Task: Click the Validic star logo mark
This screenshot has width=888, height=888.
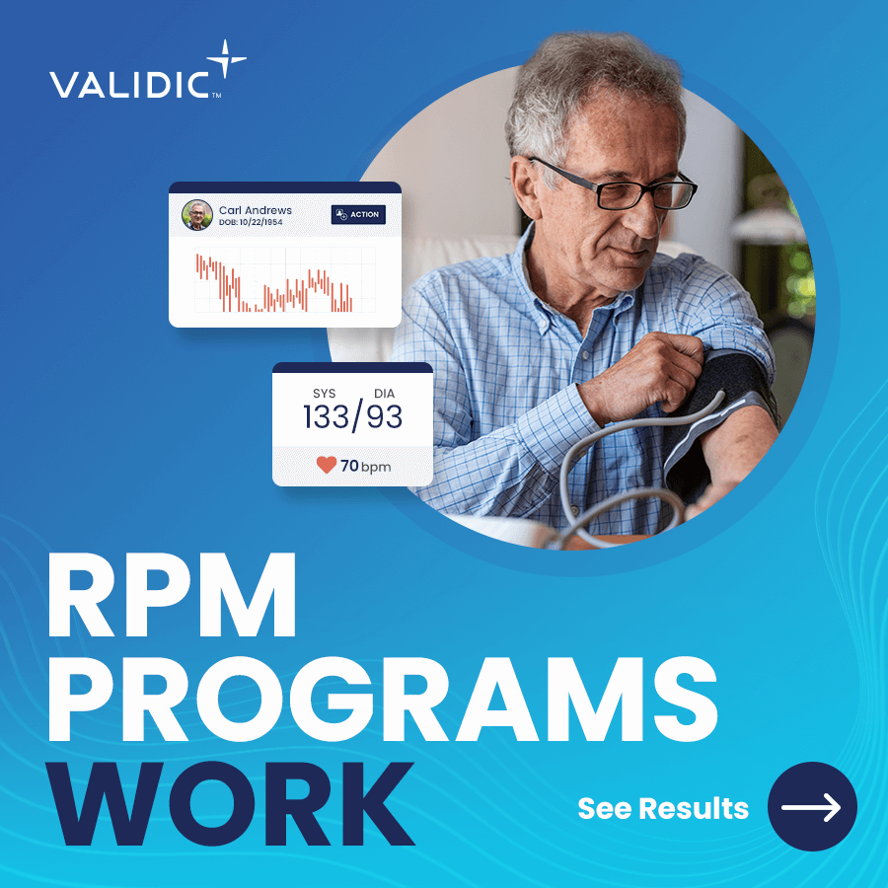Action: tap(226, 58)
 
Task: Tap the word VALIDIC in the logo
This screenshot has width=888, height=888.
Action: tap(129, 85)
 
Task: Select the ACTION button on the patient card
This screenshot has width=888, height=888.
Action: tap(358, 215)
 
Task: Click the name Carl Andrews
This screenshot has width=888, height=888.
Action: tap(255, 210)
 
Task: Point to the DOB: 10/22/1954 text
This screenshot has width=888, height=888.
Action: tap(251, 223)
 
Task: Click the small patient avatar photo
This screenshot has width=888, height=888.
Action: tap(197, 215)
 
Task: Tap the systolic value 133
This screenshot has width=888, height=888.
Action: tap(326, 417)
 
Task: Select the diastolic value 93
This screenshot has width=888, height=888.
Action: tap(384, 417)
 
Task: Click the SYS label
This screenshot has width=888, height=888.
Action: tap(324, 394)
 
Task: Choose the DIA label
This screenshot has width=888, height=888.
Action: tap(384, 394)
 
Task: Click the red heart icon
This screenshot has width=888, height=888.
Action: tap(327, 465)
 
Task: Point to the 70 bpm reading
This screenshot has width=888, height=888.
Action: tap(365, 466)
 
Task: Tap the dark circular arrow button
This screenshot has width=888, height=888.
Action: tap(812, 806)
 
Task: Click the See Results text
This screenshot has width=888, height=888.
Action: tap(663, 808)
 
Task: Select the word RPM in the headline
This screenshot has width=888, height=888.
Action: tap(172, 595)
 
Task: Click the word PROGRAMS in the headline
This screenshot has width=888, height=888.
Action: tap(383, 699)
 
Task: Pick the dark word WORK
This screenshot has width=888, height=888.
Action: tap(231, 803)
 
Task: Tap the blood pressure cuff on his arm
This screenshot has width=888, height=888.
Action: tap(719, 419)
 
